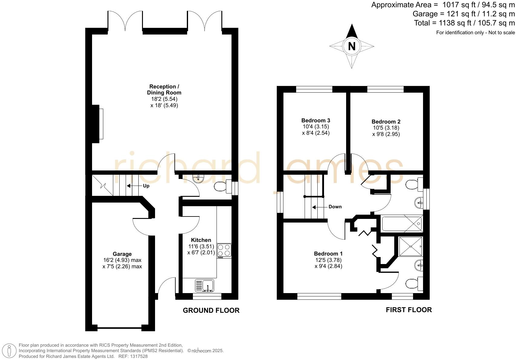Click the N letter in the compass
pos(352,46)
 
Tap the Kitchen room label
pos(201,240)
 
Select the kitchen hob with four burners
pos(224,250)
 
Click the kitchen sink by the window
pos(205,286)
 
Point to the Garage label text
pos(122,254)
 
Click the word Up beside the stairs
pos(146,186)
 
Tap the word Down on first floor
pos(335,207)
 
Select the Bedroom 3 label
pos(316,121)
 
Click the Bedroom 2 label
pos(386,122)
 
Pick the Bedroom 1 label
pos(328,254)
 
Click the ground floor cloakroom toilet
pos(220,187)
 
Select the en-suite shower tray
pos(410,246)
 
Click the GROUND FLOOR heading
pos(211,310)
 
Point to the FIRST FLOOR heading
pos(408,310)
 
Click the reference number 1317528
pos(140,356)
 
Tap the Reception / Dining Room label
pos(164,90)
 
